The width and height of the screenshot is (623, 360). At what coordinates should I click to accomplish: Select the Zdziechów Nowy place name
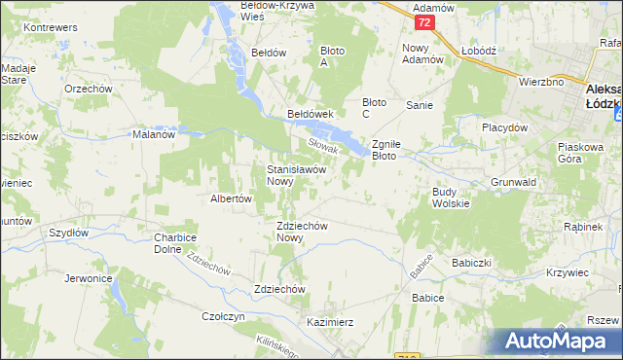(302, 232)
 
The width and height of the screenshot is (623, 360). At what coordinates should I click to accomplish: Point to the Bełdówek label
(311, 114)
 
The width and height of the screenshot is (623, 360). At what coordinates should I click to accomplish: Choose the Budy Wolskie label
(451, 198)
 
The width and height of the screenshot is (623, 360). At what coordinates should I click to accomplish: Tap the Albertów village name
(232, 198)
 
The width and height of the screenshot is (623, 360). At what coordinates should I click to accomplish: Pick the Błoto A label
(333, 56)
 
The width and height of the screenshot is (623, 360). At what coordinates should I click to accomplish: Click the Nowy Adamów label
(422, 54)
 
